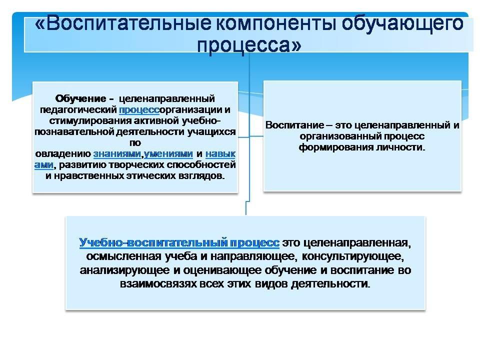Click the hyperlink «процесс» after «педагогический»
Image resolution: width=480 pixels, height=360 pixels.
(x=139, y=109)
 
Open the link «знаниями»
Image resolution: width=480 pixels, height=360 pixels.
(x=117, y=153)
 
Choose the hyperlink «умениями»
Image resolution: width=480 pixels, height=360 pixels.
(x=168, y=153)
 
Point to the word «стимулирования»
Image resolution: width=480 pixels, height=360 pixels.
(x=90, y=121)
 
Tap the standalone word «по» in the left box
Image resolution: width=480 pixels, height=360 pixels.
(x=135, y=142)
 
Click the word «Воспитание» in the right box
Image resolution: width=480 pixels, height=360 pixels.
(x=294, y=125)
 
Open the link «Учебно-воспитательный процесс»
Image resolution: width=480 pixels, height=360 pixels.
(x=179, y=242)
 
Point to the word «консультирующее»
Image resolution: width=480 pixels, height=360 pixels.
(x=353, y=256)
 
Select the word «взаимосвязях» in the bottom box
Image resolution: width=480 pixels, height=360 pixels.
(x=158, y=284)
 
